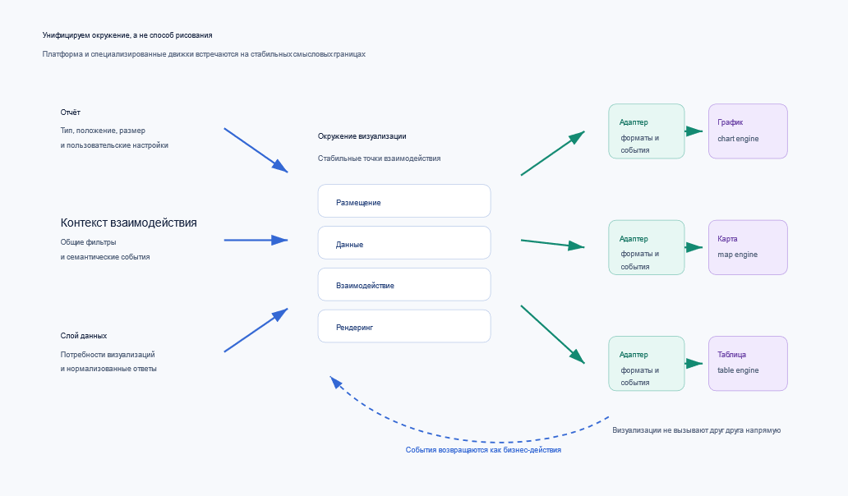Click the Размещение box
404,201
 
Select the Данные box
404,242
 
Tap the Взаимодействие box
404,284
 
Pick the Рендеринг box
404,326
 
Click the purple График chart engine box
748,131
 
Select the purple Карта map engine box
748,247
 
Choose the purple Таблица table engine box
748,364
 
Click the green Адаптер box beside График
647,131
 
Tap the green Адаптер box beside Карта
647,247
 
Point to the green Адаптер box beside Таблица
647,364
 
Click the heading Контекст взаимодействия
129,223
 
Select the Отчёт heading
71,113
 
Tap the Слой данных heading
84,336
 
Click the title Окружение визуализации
362,136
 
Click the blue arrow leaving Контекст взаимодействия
256,240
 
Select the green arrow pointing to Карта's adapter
553,244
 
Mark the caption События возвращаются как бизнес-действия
483,449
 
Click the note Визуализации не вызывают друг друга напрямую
697,430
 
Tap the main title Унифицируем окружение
127,35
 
